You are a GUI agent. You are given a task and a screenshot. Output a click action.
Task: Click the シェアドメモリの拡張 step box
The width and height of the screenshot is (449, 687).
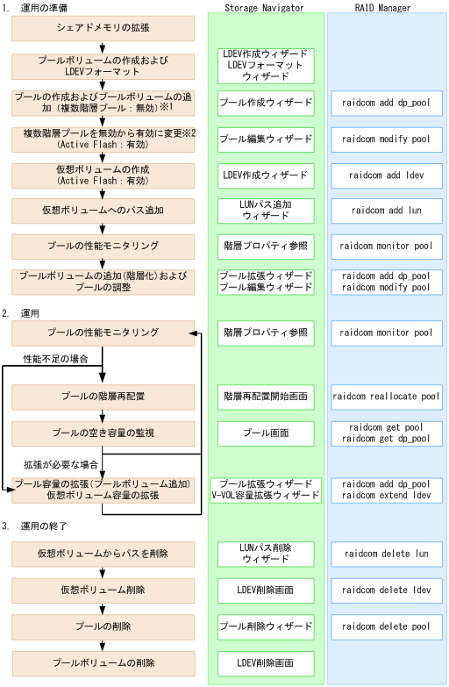tap(103, 29)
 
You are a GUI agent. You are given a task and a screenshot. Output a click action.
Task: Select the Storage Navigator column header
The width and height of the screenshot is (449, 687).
tap(264, 8)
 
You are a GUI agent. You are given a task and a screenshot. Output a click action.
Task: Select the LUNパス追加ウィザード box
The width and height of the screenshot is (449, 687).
tap(264, 211)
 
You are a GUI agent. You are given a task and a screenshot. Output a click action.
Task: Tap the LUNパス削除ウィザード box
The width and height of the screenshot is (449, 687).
tap(264, 554)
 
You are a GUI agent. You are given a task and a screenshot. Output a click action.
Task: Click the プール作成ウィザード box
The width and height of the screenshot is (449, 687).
tap(264, 102)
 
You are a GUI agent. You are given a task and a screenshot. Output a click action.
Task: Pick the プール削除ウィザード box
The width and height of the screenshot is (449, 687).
tap(264, 627)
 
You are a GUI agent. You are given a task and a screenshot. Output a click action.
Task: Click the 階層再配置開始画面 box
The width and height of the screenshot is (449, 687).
tap(264, 397)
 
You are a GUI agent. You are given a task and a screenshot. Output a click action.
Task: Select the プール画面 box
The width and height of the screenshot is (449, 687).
tap(264, 433)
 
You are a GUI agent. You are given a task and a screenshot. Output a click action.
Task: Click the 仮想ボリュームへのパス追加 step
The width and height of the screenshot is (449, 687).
tap(103, 211)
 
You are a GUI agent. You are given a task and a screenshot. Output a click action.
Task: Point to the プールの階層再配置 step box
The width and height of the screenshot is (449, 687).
tap(103, 397)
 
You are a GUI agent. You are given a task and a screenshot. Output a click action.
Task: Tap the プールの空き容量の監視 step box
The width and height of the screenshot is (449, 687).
tap(103, 433)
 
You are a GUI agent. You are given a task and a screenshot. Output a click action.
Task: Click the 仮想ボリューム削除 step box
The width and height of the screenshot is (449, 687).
tap(103, 590)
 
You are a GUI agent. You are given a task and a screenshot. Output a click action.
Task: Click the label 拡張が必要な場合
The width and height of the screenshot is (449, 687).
tap(60, 463)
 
